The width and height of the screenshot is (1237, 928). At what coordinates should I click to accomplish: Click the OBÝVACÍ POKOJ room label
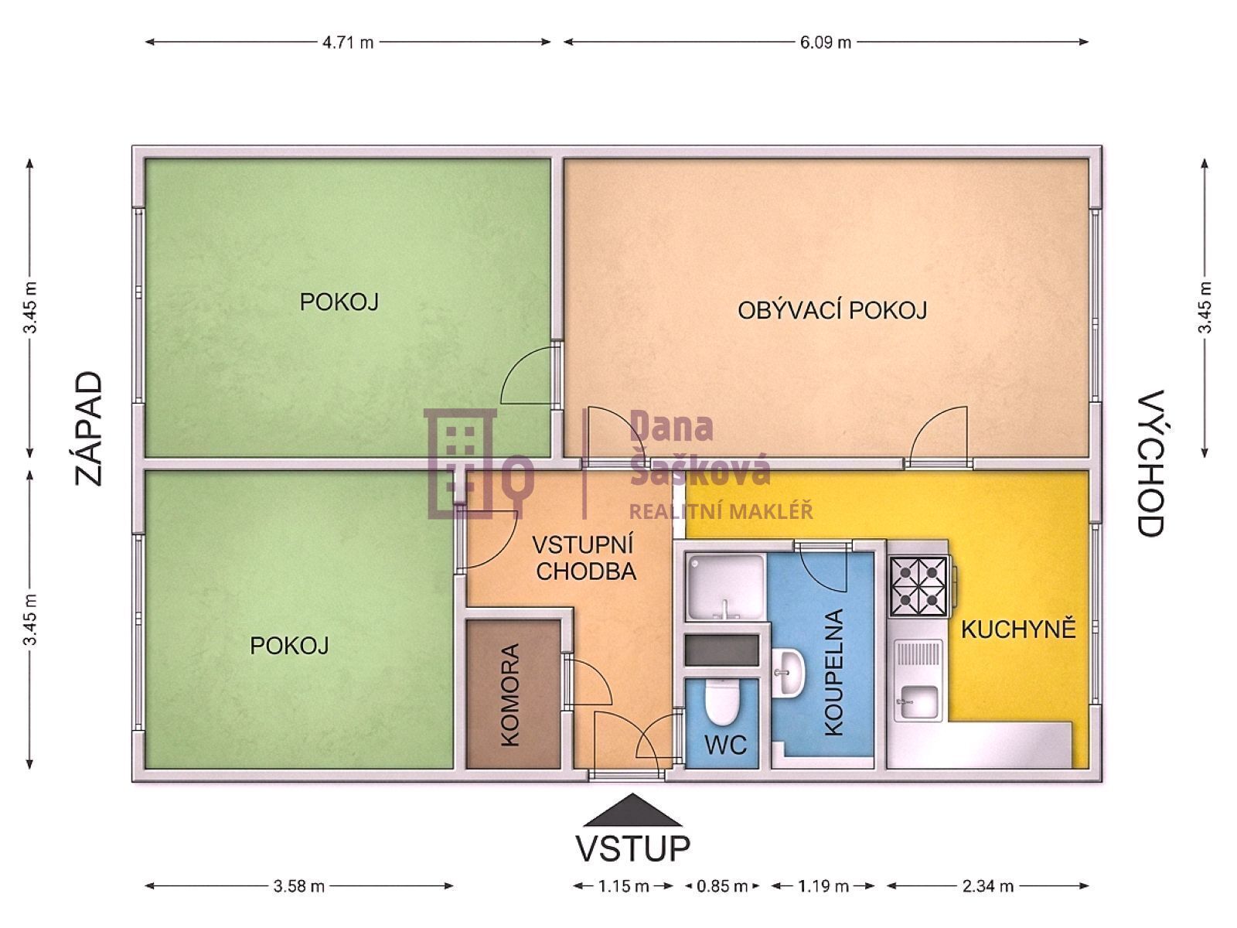832,310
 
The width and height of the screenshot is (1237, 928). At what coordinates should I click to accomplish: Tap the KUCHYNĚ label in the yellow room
1018,629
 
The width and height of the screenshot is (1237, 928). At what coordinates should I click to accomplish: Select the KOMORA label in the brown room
510,695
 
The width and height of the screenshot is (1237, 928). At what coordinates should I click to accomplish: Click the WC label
725,745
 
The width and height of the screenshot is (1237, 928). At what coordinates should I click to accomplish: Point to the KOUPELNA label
833,672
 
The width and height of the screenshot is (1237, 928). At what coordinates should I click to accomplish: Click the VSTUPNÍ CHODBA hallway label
585,558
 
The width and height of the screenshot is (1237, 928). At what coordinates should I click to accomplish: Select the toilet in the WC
721,701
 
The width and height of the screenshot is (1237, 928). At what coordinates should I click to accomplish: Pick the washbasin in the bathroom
787,672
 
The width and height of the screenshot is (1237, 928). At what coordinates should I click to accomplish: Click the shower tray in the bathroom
724,586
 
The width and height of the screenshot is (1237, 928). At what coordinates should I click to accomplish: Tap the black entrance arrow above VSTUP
632,810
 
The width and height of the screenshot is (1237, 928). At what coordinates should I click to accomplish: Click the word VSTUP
632,848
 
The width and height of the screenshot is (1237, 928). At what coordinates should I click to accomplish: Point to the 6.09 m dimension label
825,43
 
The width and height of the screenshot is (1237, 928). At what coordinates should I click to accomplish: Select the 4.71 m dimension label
348,43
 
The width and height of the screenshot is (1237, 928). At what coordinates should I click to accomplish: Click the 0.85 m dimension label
722,886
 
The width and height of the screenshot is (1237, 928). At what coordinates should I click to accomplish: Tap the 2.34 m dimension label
988,886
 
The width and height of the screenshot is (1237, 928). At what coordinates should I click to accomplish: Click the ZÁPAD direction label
89,428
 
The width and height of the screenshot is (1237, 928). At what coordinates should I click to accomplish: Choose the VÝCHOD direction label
1150,462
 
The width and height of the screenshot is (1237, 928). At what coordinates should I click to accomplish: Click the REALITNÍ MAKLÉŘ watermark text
721,511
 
